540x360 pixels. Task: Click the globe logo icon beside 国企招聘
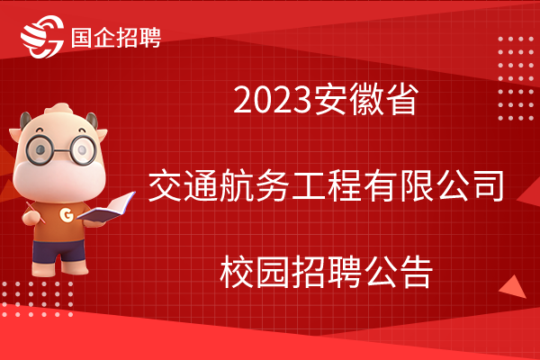[x=42, y=37]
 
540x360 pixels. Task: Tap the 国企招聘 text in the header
[x=116, y=38]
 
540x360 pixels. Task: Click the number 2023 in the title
[x=272, y=101]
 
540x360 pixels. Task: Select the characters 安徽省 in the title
[x=366, y=100]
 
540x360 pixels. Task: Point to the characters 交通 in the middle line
[x=184, y=186]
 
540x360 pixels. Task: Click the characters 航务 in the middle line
[x=255, y=186]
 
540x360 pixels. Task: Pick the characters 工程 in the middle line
[x=327, y=186]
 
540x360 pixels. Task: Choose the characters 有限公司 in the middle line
[x=434, y=186]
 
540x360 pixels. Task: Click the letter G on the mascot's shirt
[x=66, y=215]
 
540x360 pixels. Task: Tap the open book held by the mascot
[x=106, y=208]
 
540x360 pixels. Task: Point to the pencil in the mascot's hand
[x=35, y=212]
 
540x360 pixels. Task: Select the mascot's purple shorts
[x=58, y=251]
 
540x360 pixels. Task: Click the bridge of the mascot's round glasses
[x=62, y=150]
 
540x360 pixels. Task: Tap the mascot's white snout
[x=59, y=179]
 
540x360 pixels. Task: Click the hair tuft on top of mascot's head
[x=58, y=110]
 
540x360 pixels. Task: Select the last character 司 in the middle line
[x=487, y=186]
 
